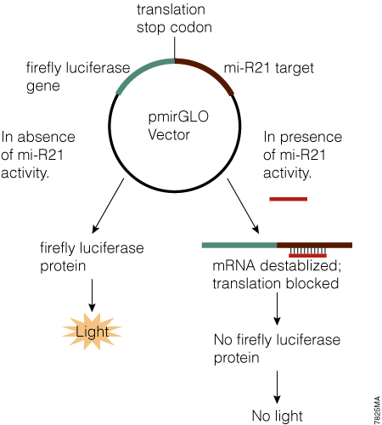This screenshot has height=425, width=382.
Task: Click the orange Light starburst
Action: (91, 331)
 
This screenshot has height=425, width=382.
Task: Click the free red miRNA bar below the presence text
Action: (288, 200)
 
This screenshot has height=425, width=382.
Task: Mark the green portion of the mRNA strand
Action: (239, 245)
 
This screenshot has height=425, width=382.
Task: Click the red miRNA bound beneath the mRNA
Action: (307, 253)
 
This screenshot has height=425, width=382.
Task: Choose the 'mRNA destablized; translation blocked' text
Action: (277, 274)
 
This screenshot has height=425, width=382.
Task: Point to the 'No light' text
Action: (276, 415)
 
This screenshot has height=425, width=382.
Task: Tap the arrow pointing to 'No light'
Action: (277, 387)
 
